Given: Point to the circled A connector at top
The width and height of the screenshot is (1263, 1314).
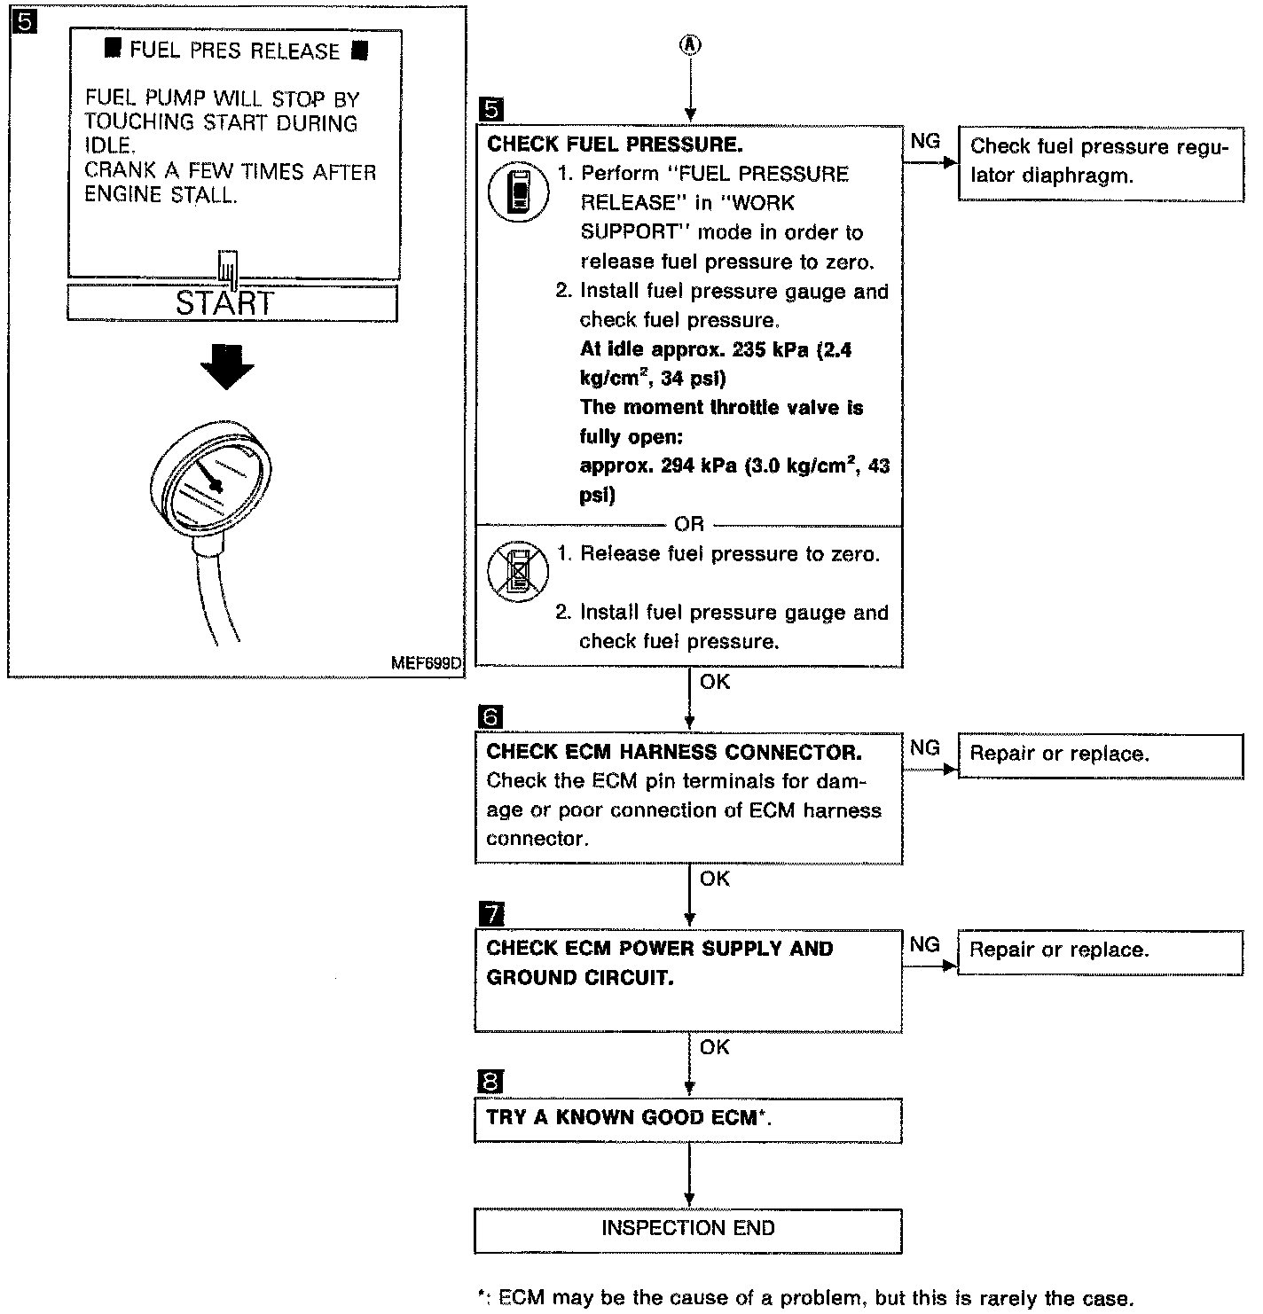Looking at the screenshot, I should [689, 45].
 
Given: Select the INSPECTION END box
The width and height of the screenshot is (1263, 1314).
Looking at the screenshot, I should [687, 1229].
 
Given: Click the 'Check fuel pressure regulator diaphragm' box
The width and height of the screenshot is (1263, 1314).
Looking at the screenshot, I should [1100, 161].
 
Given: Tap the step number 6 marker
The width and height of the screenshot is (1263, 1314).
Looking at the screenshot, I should [490, 716].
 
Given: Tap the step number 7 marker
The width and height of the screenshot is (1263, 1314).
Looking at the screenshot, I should [490, 913].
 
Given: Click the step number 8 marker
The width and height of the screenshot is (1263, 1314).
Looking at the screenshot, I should [490, 1083].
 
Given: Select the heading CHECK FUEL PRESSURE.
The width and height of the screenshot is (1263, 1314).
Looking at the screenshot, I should [615, 144].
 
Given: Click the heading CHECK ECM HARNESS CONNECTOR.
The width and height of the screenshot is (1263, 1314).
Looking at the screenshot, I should [674, 752].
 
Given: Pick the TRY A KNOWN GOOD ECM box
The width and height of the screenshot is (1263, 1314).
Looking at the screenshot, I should [687, 1119].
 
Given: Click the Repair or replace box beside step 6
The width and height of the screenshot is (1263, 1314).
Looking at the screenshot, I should [1100, 755].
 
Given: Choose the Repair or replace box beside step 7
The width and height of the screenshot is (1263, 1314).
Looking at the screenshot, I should [1100, 950].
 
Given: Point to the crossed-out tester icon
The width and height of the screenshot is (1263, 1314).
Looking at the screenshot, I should [518, 571].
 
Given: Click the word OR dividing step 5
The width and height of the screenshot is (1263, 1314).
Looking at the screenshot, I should [689, 524].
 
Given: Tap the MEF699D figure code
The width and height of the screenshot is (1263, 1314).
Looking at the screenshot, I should [426, 663].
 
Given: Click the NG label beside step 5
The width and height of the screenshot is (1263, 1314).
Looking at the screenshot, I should [925, 142].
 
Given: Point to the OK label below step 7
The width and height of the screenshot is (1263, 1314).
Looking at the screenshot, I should [714, 1047].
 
